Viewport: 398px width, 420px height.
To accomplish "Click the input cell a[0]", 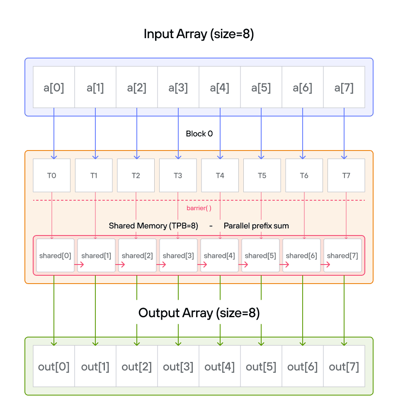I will [54, 87].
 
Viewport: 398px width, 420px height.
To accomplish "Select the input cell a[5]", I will [261, 87].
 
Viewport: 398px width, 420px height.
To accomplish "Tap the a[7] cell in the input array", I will [344, 87].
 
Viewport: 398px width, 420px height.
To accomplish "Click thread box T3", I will [178, 175].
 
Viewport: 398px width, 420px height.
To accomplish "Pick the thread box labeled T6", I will [304, 175].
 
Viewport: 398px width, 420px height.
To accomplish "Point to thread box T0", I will [51, 175].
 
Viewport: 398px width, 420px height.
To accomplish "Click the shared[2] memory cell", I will [137, 255].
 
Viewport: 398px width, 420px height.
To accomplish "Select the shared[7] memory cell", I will [342, 255].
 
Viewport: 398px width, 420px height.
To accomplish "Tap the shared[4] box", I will [219, 255].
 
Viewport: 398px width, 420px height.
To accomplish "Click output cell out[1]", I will [95, 367].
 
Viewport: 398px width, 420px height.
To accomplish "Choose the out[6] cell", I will [303, 367].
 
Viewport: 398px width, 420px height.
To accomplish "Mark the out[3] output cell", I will [178, 367].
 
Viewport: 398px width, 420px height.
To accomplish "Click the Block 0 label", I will [199, 134].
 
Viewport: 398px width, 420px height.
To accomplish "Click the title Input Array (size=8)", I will [199, 34].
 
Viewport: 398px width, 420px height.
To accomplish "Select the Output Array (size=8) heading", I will [199, 313].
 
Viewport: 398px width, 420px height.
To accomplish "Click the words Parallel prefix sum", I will [256, 226].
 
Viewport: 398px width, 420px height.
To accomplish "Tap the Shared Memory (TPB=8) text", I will [153, 226].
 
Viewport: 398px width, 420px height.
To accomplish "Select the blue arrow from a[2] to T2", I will [137, 133].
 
